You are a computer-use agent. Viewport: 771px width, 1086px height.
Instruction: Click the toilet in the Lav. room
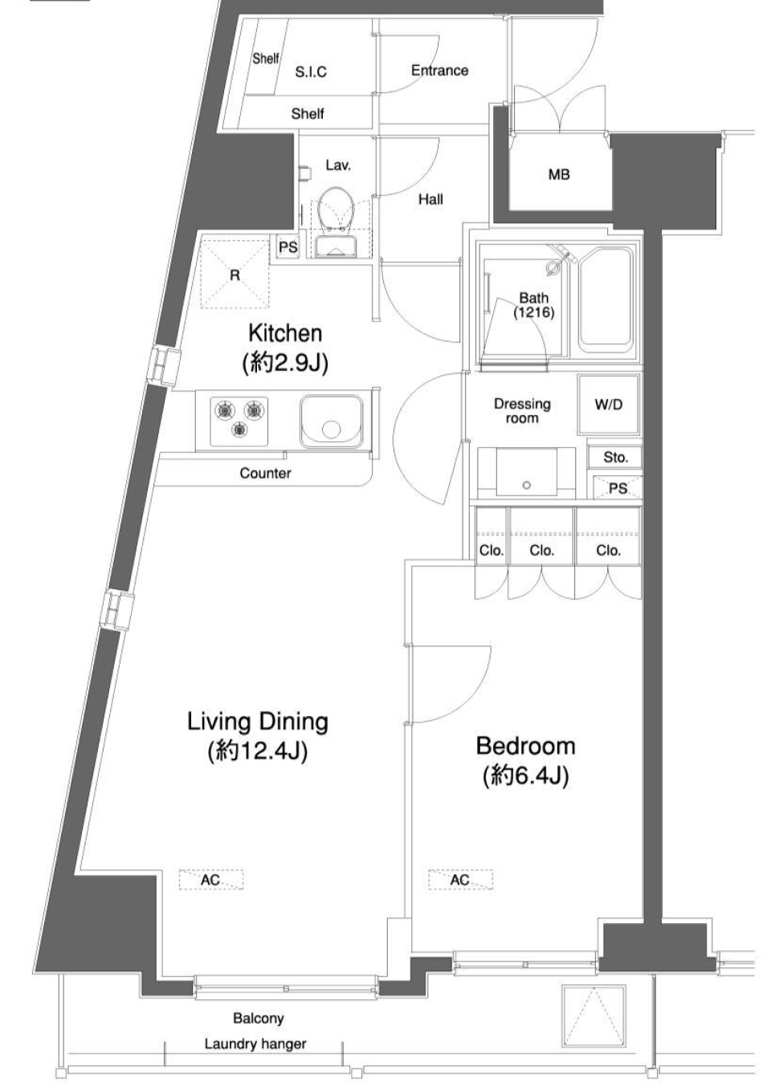[336, 209]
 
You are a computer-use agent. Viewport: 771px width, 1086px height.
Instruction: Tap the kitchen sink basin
[332, 421]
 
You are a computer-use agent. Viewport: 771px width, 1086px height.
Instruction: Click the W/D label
[608, 405]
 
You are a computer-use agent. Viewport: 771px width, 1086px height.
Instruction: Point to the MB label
[559, 174]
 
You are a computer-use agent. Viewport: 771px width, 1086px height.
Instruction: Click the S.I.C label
[311, 72]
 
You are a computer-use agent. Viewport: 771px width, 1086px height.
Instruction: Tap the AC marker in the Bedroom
[460, 880]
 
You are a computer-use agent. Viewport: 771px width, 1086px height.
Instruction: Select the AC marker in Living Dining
[210, 880]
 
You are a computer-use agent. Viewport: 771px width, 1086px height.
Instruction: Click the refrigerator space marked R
[234, 275]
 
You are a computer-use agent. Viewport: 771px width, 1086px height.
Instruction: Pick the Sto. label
[615, 457]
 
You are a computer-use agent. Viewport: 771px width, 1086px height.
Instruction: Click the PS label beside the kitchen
[288, 247]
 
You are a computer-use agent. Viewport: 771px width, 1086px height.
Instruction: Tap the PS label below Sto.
[617, 488]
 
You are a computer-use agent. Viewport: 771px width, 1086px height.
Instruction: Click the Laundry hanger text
[255, 1043]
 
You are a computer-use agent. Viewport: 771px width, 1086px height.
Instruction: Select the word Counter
[265, 473]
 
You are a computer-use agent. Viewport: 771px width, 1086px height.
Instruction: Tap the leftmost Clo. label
[491, 550]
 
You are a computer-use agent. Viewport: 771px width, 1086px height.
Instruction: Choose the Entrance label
[439, 71]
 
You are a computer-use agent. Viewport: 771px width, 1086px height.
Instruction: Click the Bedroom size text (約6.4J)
[525, 775]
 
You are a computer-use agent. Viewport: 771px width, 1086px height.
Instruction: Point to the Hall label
[430, 199]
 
